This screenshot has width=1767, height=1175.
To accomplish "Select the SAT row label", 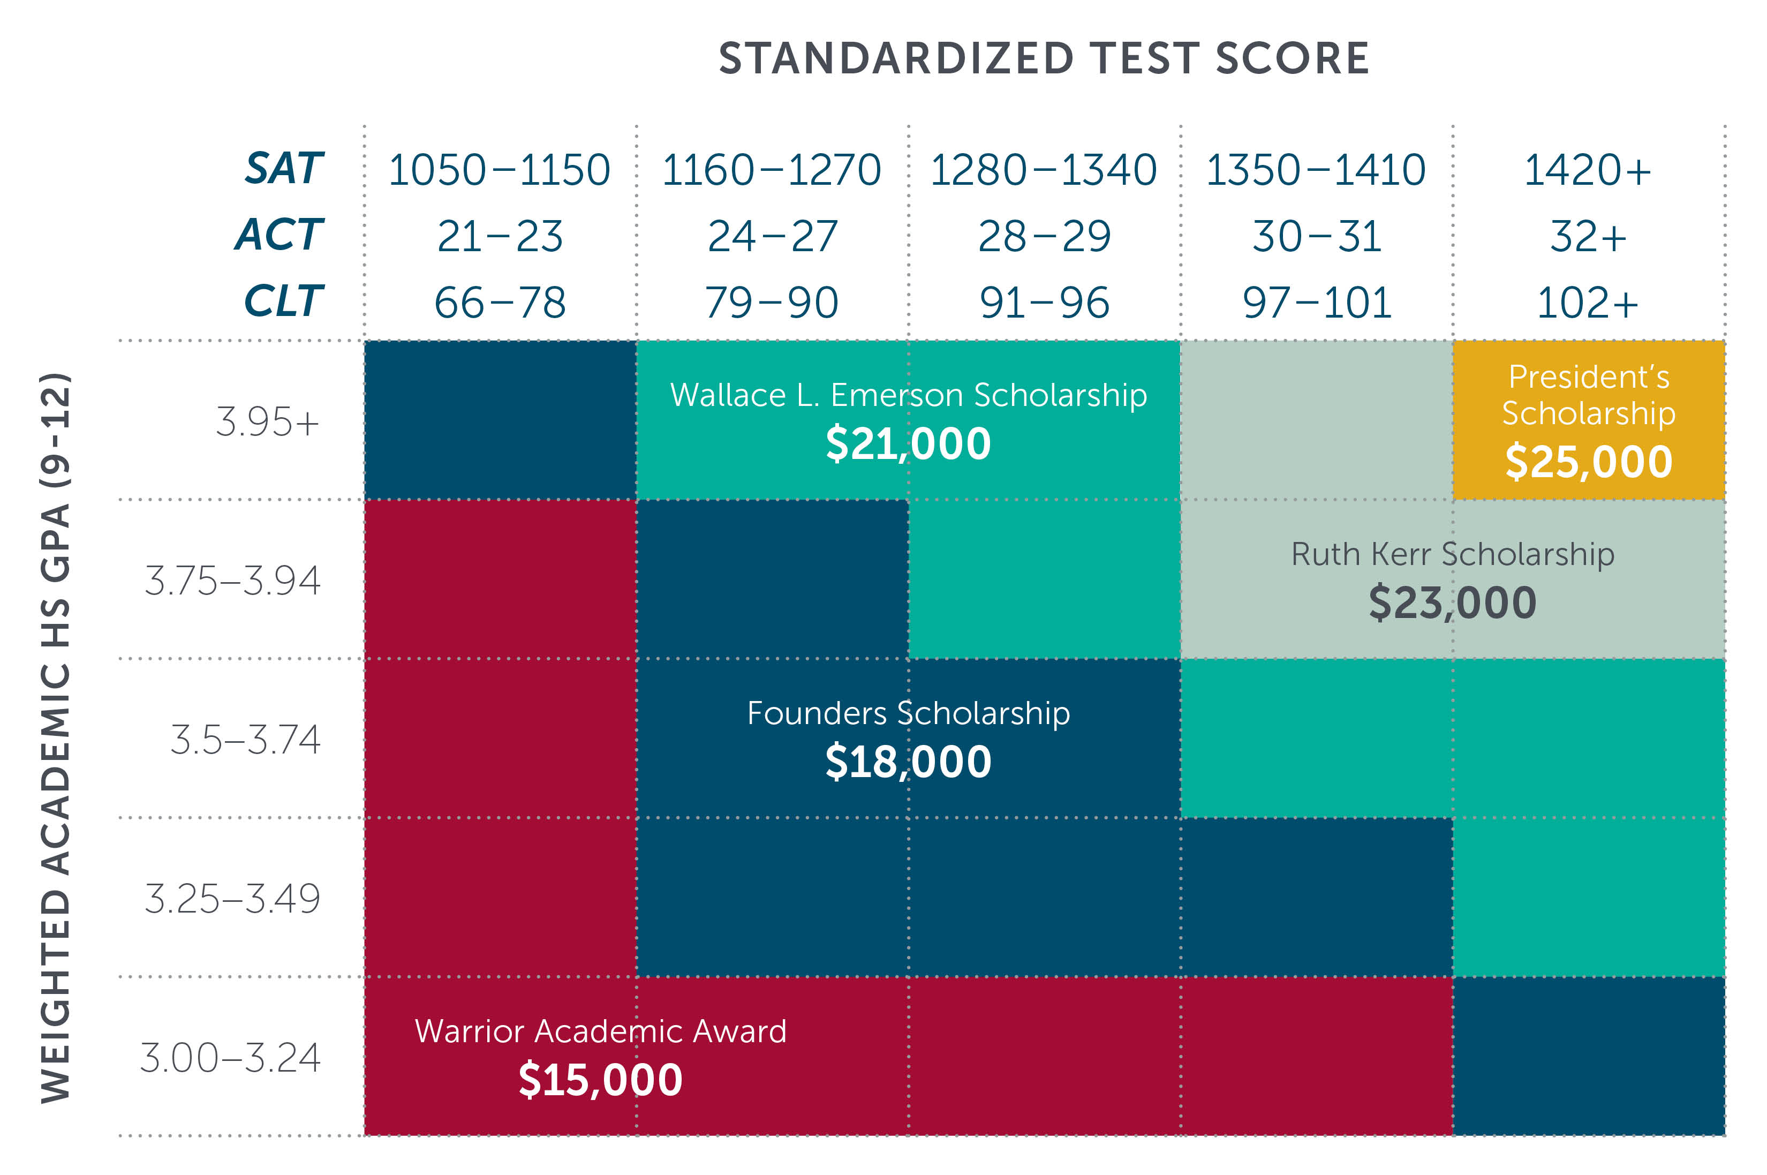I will click(x=284, y=169).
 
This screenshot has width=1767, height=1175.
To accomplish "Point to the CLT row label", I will click(x=283, y=302).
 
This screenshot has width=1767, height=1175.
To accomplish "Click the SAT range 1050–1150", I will click(x=499, y=170).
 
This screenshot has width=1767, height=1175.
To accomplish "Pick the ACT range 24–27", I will click(x=772, y=237).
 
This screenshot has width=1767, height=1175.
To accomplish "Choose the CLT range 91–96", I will click(x=1044, y=303).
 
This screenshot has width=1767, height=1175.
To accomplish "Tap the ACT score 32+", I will click(x=1588, y=237).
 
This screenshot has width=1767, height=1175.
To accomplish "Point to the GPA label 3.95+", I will click(x=267, y=422).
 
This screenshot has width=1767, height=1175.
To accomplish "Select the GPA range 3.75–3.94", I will click(x=232, y=581).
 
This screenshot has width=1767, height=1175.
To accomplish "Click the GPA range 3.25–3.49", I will click(x=232, y=899).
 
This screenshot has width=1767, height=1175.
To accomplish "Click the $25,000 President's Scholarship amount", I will click(x=1589, y=462).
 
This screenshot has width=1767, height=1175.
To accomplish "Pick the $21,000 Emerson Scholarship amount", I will click(x=908, y=443).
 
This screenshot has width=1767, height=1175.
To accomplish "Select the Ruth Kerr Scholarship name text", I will click(x=1452, y=554).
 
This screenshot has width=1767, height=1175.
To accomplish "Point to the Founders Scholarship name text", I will click(x=908, y=713).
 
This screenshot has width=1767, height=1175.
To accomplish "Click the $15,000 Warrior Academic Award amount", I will click(x=600, y=1080).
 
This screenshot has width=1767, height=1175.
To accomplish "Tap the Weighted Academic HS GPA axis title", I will click(x=56, y=738).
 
